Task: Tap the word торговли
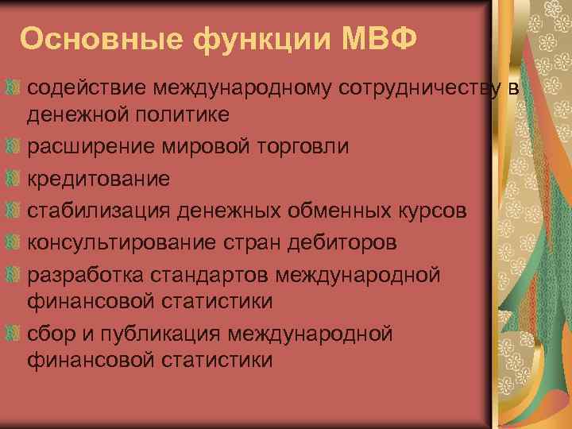(272, 147)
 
